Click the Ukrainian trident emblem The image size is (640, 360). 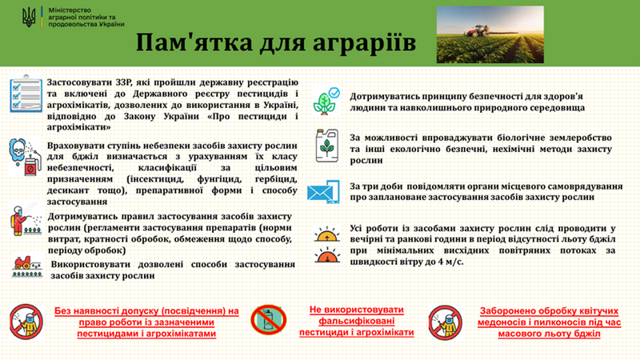pos(29,17)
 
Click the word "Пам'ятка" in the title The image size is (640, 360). pos(194,42)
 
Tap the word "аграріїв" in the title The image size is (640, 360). pos(364,43)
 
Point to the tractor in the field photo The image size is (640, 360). pos(478,31)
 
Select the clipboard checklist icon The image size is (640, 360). pos(26,94)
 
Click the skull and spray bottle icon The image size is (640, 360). pos(26,158)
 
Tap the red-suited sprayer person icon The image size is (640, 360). pos(26,221)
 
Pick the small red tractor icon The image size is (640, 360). pos(27,266)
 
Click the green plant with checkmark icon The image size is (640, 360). pos(326,101)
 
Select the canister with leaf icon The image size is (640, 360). pos(327,146)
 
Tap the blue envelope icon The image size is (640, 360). pos(323,191)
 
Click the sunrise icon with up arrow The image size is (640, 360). pos(327,234)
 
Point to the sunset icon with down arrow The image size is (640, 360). pos(327,255)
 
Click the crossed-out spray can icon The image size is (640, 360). pos(269,321)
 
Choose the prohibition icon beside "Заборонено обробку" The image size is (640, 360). pos(446,322)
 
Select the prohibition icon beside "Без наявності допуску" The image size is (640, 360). pos(26,322)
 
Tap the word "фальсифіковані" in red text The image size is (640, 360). pos(357,322)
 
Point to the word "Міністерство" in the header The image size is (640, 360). pos(70,10)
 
